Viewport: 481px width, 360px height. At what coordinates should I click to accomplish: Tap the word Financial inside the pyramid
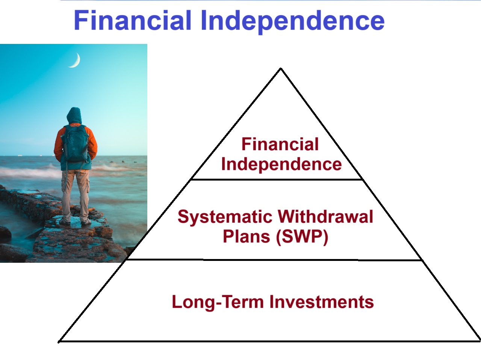coord(280,144)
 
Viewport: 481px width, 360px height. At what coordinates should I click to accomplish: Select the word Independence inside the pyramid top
coord(281,164)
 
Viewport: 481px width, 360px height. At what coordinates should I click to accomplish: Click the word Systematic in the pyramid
coord(225,217)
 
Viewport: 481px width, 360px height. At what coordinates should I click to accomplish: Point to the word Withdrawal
coord(325,217)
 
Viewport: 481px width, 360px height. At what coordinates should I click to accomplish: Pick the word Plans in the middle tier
coord(246,236)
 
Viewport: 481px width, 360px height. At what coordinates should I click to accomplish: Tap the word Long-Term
coord(218,302)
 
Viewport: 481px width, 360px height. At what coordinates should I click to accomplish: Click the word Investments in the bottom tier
coord(322,302)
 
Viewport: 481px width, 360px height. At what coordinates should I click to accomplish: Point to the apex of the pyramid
coord(281,69)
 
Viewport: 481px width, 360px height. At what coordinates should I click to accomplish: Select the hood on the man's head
coord(74,116)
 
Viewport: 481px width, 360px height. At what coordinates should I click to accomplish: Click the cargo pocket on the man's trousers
coord(88,184)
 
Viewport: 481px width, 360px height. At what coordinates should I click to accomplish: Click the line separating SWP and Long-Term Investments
coord(274,259)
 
